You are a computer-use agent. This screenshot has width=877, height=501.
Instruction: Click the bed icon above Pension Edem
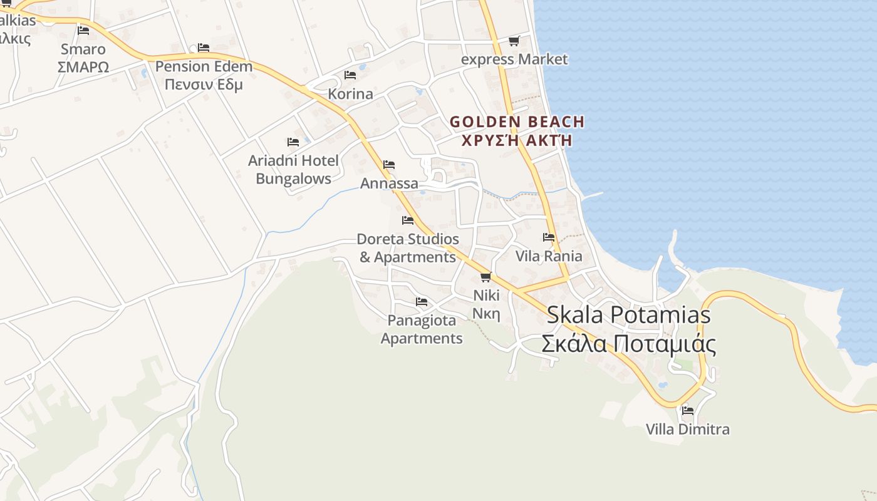203,48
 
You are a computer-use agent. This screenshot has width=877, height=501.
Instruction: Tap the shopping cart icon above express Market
514,41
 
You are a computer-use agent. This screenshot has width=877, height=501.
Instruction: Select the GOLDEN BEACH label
517,121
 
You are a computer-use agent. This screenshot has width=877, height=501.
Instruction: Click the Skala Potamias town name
628,314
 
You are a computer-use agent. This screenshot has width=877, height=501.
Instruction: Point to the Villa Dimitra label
687,430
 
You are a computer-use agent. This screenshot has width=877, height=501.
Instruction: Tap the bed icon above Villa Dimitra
687,411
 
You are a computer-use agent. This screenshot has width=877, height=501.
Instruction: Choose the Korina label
350,94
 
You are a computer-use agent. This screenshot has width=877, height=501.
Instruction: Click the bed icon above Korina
350,75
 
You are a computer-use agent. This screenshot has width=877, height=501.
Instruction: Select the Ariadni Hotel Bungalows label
293,169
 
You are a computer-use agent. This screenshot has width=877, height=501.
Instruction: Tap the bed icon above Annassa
389,165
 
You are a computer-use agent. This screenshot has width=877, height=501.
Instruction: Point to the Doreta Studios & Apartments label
407,248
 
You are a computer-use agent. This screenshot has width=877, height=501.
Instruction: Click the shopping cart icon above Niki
485,277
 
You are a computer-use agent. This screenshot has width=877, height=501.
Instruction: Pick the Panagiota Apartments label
422,329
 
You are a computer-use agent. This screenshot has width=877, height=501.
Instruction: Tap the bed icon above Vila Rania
549,237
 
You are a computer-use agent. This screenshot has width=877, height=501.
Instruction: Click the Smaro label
83,49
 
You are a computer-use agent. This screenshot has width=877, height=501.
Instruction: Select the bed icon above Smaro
83,30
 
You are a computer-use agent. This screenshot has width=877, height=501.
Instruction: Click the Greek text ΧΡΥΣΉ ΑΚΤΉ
517,140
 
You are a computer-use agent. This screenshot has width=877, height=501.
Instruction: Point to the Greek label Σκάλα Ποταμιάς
628,344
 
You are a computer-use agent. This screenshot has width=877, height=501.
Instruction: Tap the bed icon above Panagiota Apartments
422,302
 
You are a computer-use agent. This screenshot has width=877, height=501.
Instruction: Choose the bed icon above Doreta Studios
408,220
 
